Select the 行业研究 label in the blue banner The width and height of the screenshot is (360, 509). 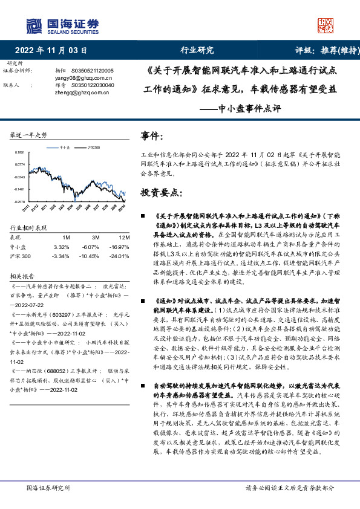[x=197, y=50]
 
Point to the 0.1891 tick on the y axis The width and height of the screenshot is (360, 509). [x=20, y=152]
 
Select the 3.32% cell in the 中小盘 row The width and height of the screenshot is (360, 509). [x=62, y=247]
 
